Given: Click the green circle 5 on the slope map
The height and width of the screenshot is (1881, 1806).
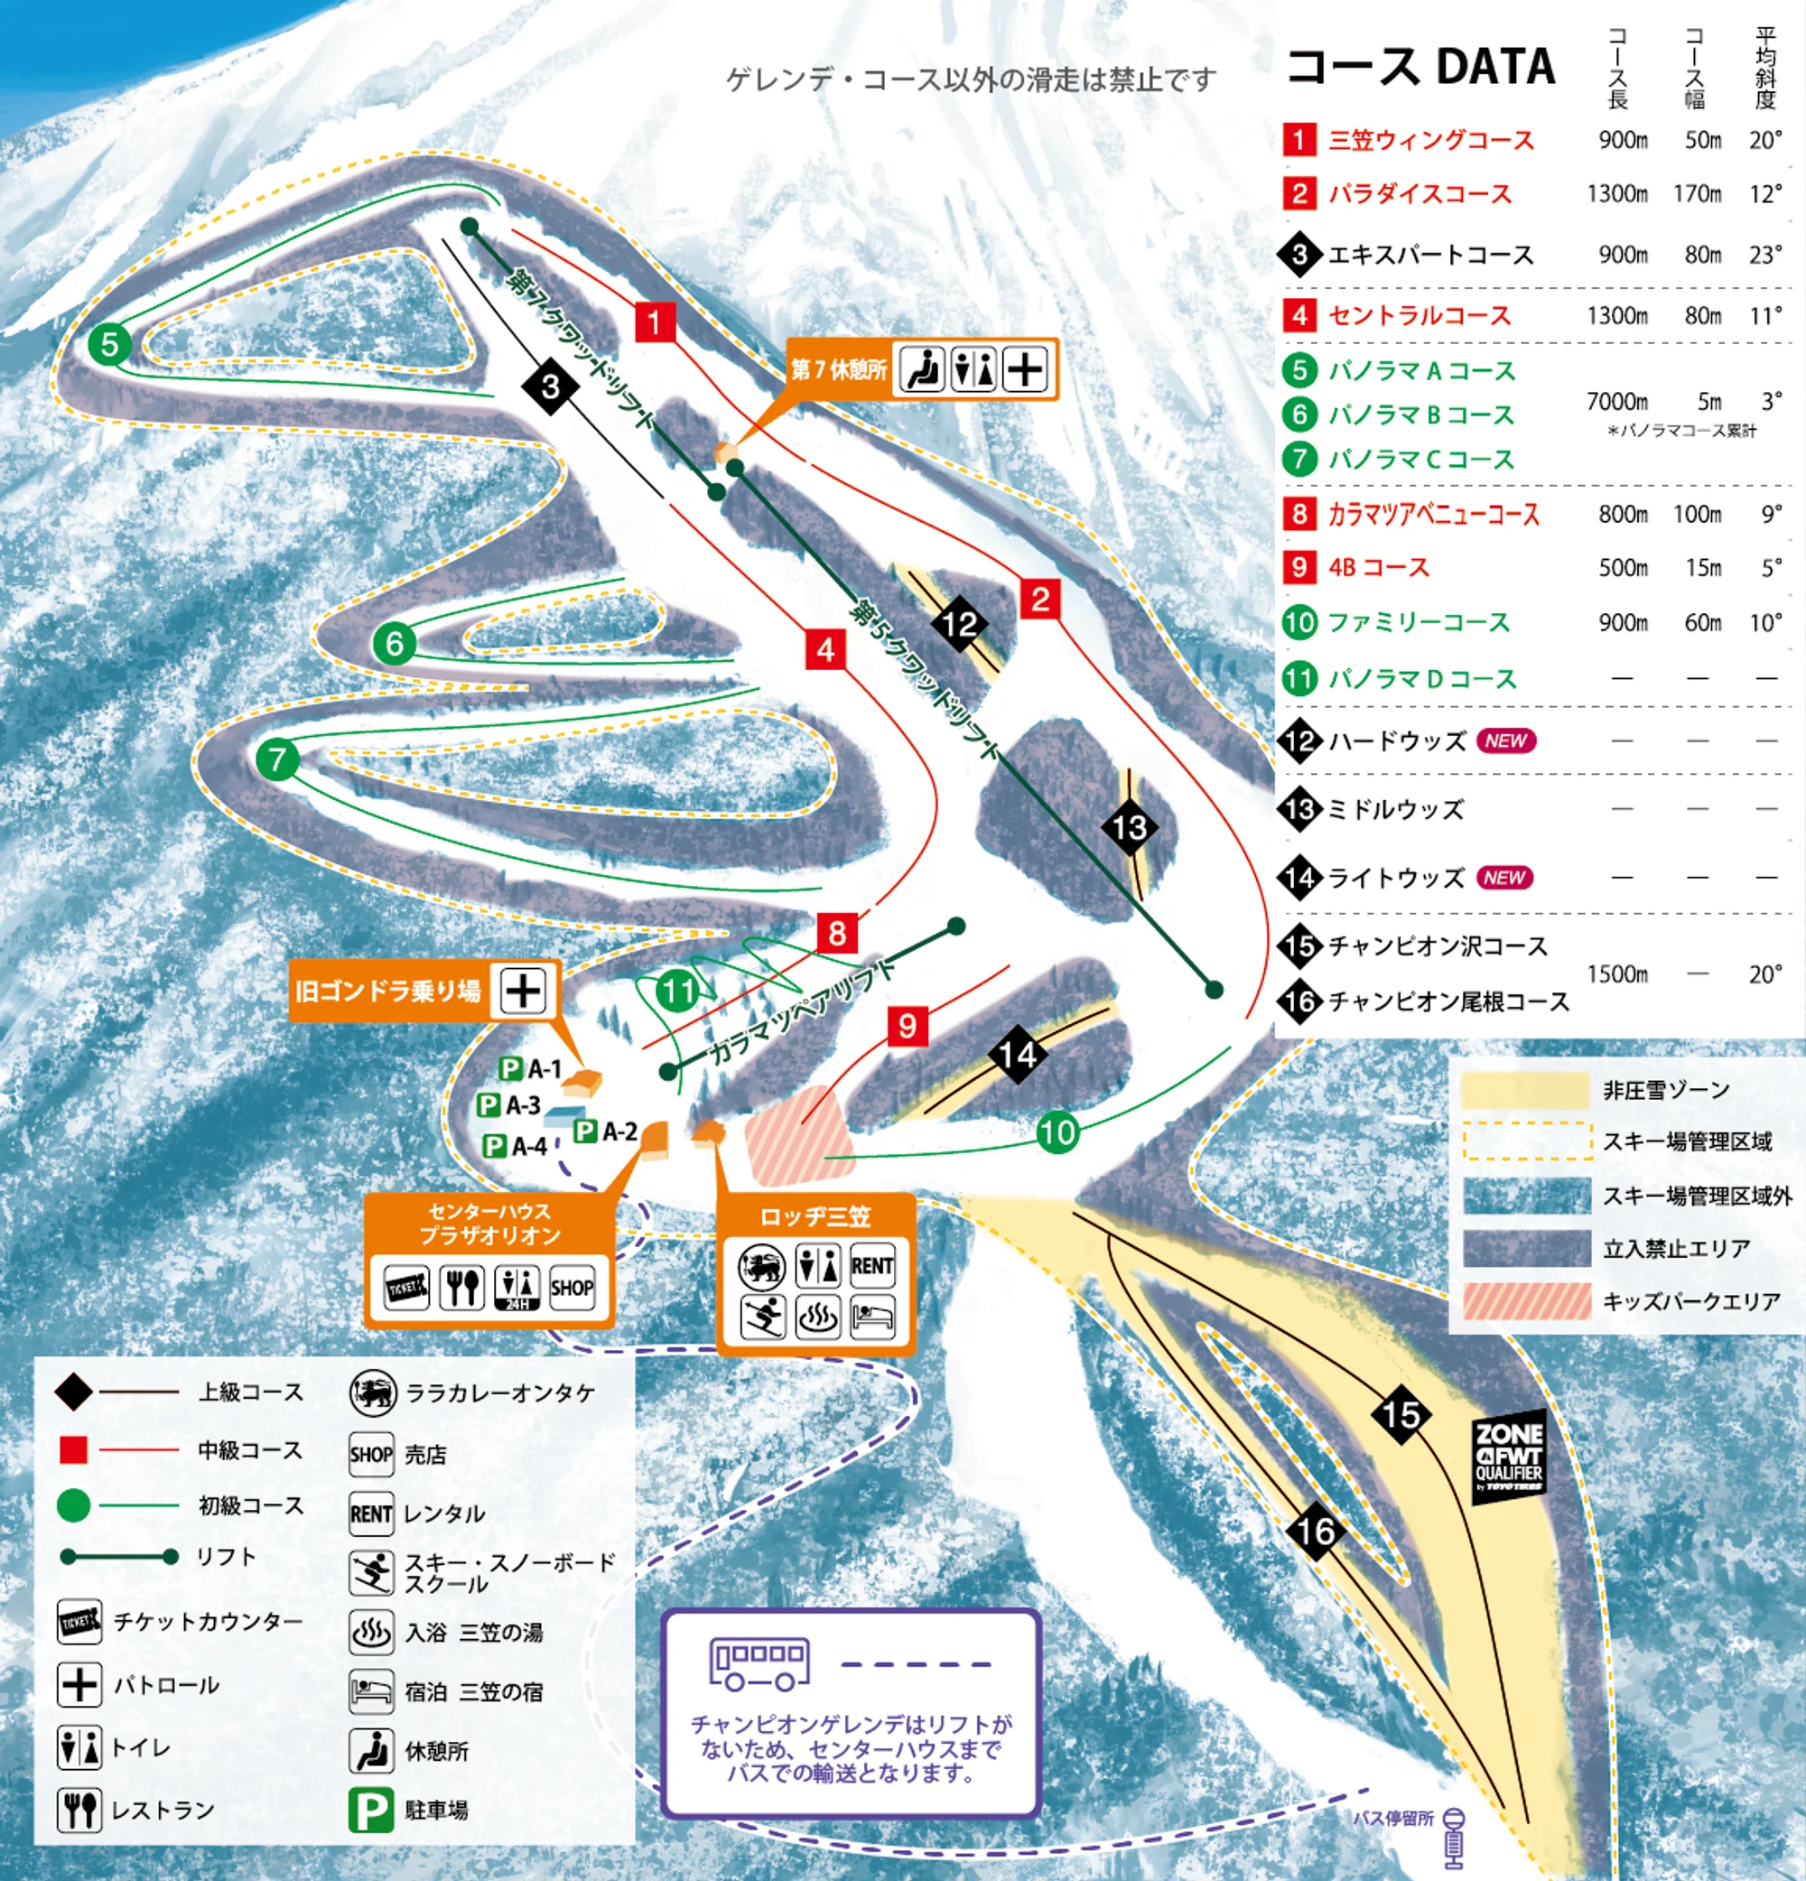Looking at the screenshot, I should [109, 343].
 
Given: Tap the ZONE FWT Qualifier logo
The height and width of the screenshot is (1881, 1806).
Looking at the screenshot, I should [1509, 1456].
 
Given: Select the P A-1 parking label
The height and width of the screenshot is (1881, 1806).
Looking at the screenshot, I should [530, 1068].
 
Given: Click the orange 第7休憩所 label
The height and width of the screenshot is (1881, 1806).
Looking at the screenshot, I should [838, 369].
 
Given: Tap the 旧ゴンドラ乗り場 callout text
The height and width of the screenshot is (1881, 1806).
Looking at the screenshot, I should [387, 991].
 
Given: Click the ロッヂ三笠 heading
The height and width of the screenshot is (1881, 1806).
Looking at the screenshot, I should [815, 1217].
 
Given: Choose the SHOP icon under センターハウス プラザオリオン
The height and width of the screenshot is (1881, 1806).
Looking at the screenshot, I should [571, 1288].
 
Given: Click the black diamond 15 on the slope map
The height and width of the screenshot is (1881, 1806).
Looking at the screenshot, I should [1401, 1413].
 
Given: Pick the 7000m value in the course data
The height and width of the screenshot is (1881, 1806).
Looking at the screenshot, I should [1617, 401].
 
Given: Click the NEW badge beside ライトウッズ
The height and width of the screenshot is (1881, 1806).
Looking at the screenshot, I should [1503, 877].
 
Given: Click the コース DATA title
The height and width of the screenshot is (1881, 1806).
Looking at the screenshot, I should [1420, 67].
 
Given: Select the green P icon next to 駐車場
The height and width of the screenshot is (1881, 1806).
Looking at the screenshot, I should [370, 1811].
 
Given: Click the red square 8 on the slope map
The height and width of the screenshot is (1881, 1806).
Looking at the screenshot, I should [837, 932].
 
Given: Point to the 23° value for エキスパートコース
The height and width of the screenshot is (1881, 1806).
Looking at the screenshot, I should [1764, 255].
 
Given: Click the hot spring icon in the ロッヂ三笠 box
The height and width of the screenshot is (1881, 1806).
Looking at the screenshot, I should [817, 1317].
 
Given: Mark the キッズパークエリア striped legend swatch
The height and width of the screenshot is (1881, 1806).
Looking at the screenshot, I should [1526, 1300].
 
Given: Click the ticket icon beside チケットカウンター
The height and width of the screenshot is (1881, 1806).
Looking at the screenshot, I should [79, 1622].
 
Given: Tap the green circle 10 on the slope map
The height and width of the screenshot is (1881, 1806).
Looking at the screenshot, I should [1057, 1132].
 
